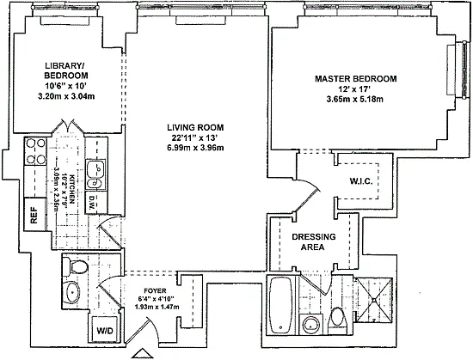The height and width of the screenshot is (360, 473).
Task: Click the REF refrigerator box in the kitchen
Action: (34, 215)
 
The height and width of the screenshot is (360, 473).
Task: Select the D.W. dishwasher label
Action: (92, 202)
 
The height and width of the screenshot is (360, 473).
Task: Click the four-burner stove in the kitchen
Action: (35, 151)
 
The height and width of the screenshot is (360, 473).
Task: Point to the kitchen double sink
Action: (95, 174)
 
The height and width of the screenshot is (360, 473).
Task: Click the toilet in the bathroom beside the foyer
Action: (76, 266)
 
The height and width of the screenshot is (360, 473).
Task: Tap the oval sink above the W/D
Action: (73, 292)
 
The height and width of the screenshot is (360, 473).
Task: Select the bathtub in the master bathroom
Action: (280, 305)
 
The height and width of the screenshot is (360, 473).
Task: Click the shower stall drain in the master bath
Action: (374, 300)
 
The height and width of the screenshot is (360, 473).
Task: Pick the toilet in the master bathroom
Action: (338, 317)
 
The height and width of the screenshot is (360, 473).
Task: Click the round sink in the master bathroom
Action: (311, 325)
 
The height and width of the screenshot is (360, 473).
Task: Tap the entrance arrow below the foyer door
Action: (140, 354)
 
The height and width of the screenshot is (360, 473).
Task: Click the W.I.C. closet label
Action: (361, 181)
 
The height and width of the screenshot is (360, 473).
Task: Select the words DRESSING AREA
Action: (313, 242)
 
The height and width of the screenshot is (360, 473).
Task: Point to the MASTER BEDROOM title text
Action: (356, 79)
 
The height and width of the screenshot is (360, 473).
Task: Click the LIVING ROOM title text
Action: (195, 127)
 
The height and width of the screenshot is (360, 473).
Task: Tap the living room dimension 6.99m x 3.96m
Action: (195, 148)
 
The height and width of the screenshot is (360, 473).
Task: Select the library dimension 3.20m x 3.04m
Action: (66, 97)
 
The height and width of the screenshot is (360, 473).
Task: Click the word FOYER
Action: (155, 291)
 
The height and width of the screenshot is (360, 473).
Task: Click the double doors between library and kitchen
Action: (66, 126)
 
